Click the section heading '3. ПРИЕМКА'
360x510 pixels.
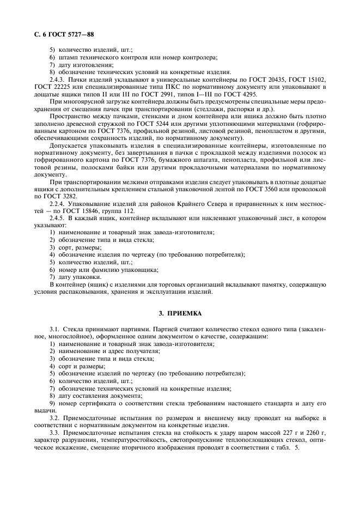[x=180, y=314]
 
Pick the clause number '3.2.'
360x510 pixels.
[x=56, y=417]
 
